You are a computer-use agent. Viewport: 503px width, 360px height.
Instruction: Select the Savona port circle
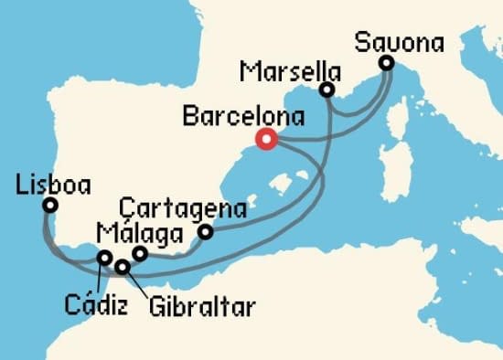click(x=386, y=63)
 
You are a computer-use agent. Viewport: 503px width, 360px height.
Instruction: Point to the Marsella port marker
click(x=326, y=90)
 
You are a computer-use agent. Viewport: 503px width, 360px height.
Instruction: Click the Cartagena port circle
click(x=206, y=232)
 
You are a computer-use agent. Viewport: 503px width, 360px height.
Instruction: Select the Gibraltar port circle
click(x=122, y=267)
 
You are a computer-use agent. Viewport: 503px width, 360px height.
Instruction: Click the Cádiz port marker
click(x=105, y=258)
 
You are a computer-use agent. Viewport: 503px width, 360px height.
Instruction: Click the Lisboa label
click(x=54, y=185)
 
